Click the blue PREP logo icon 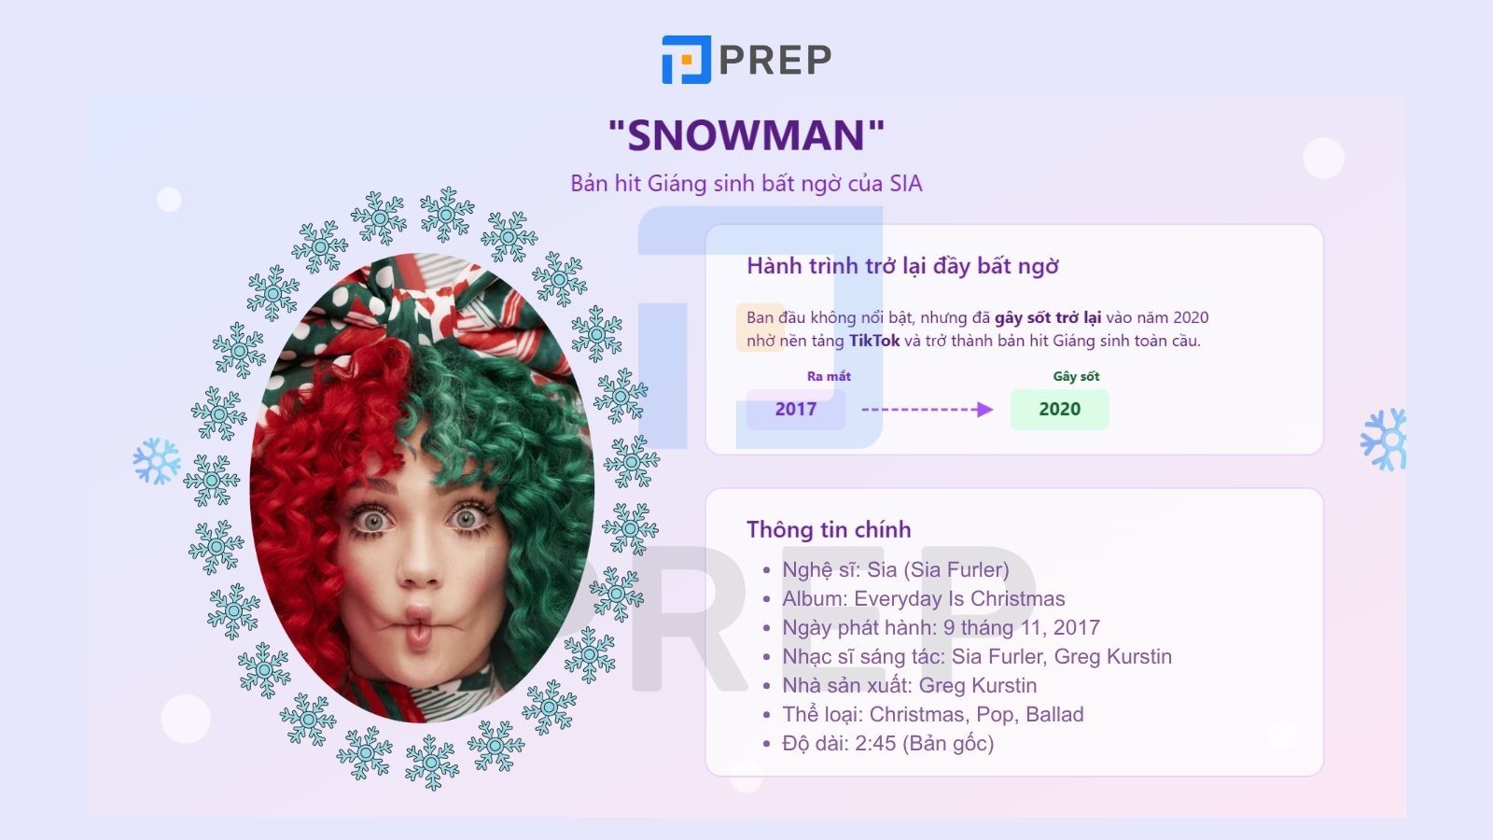click(x=687, y=60)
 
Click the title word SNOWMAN click(x=746, y=135)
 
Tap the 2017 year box click(x=796, y=409)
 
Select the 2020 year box click(x=1060, y=409)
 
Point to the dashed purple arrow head click(x=985, y=410)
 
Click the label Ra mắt click(x=829, y=376)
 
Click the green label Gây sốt click(x=1076, y=376)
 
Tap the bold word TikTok click(x=873, y=341)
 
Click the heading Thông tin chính click(x=829, y=529)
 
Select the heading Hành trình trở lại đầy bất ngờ click(x=902, y=265)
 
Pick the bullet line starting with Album click(x=923, y=598)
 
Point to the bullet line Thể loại click(x=932, y=714)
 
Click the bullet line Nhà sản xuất click(x=909, y=685)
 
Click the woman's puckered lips click(x=419, y=625)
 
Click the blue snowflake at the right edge click(x=1385, y=440)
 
